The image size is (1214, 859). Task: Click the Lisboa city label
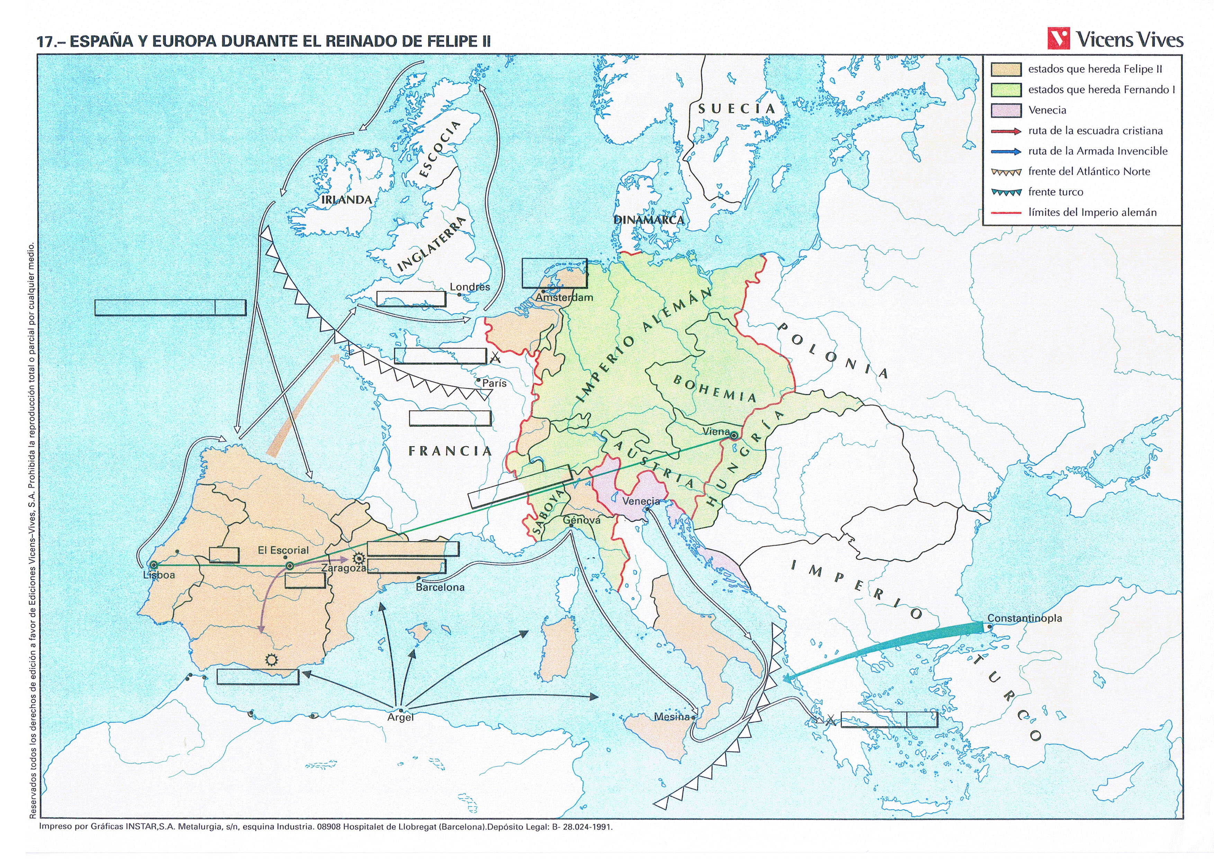[x=159, y=575]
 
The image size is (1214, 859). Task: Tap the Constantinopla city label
[x=1024, y=618]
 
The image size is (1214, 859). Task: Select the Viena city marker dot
[x=734, y=436]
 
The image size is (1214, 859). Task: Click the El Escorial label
[x=283, y=550]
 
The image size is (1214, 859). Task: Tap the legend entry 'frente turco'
[x=1055, y=192]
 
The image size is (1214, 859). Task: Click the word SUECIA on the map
[x=737, y=109]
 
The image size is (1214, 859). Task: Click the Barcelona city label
[x=440, y=587]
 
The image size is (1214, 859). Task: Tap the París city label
[x=494, y=383]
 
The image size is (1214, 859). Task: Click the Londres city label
[x=469, y=287]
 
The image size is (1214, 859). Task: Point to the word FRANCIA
[x=450, y=451]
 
